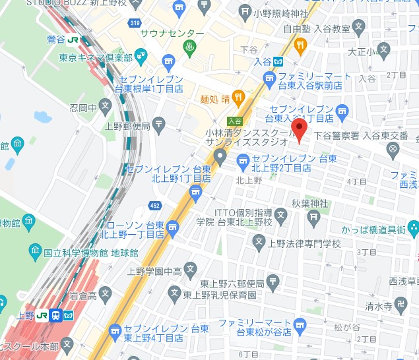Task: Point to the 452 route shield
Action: [x=155, y=206]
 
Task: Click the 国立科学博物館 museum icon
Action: [x=36, y=251]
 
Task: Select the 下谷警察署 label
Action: [x=336, y=135]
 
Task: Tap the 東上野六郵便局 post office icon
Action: [x=273, y=284]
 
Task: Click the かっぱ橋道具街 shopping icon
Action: [x=413, y=229]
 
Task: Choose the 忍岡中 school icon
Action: [x=107, y=107]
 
